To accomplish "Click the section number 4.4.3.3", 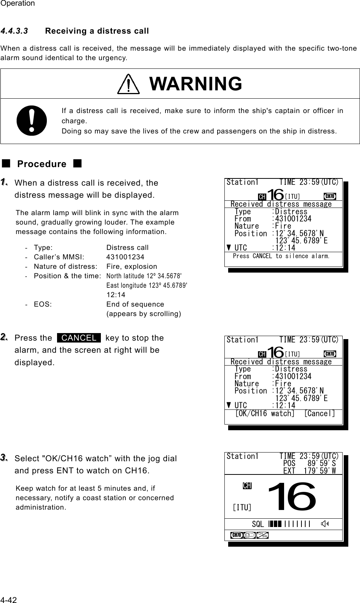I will (x=14, y=31).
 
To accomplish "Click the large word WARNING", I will (x=196, y=84).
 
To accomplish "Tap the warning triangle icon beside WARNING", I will (x=128, y=84).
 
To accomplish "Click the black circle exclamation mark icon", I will (x=32, y=121).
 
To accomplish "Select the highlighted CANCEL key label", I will (x=79, y=338).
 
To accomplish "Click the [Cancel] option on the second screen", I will (x=320, y=414).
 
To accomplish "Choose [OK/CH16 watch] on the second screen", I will (x=264, y=414).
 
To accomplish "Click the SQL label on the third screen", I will (x=258, y=524).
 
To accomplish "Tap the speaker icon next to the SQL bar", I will (x=325, y=524).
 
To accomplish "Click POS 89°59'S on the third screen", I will (x=309, y=463).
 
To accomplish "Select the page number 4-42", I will (x=8, y=600).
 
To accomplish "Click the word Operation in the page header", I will (x=17, y=3).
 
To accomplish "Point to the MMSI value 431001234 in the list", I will (x=125, y=257).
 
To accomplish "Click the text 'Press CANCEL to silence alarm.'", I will (x=281, y=256).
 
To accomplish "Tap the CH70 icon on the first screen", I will (x=330, y=196).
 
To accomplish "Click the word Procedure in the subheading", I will (x=42, y=164).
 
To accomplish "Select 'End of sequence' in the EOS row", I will (x=135, y=304).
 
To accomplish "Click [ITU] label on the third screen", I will (x=242, y=507).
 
